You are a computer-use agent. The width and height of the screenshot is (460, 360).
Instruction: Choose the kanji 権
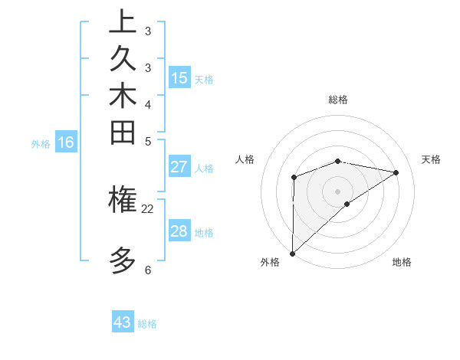(123, 200)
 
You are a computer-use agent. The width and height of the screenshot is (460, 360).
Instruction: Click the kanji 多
(123, 260)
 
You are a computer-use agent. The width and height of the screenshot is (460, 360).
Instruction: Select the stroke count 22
(147, 208)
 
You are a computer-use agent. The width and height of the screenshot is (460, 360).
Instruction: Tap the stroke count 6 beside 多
(147, 270)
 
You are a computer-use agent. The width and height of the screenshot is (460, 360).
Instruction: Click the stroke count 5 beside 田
(147, 141)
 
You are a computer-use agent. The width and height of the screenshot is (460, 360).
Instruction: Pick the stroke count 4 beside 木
(147, 104)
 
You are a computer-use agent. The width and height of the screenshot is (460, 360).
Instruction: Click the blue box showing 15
(179, 78)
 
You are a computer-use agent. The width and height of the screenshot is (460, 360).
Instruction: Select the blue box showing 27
(179, 168)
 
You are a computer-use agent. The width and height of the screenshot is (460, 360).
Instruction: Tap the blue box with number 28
(179, 231)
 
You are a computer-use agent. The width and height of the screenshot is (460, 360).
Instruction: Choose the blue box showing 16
(66, 142)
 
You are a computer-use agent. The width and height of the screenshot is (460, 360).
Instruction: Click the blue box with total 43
(123, 322)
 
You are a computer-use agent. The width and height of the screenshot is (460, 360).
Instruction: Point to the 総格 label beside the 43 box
(147, 324)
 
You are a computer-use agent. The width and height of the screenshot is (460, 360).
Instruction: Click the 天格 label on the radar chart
(431, 159)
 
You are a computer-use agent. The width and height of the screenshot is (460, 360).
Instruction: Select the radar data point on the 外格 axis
(292, 253)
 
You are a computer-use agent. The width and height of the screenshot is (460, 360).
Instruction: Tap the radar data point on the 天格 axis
(396, 172)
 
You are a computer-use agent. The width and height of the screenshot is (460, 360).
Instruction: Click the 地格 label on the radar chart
(402, 263)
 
